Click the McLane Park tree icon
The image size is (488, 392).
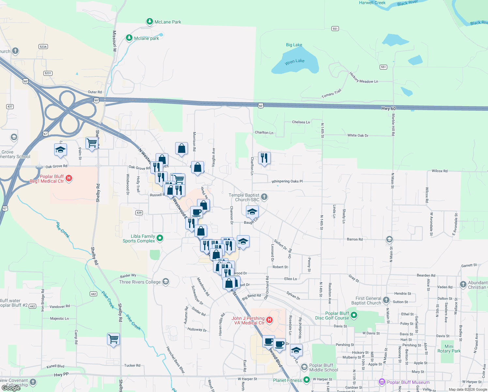[x=149, y=22]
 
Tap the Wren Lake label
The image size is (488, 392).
[x=295, y=61]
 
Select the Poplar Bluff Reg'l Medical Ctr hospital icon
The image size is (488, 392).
[x=69, y=178]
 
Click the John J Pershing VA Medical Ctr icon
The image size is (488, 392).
[x=269, y=320]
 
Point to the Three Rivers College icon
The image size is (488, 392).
[x=166, y=282]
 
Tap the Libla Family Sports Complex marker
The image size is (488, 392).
[x=160, y=238]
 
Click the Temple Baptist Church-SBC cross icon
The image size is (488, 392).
[x=264, y=197]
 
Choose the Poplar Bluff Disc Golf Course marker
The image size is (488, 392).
[x=354, y=315]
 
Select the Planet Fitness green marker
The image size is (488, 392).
[x=306, y=380]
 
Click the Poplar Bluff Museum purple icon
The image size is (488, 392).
[x=382, y=382]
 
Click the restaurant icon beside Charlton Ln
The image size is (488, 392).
[x=264, y=158]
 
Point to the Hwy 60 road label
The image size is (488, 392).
[x=388, y=108]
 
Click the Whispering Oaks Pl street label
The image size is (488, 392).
[x=287, y=181]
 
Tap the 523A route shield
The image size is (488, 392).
[x=43, y=47]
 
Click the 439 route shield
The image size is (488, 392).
[x=139, y=213]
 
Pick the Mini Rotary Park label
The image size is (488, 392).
[x=449, y=349]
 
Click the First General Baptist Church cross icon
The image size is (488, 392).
[x=386, y=300]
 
